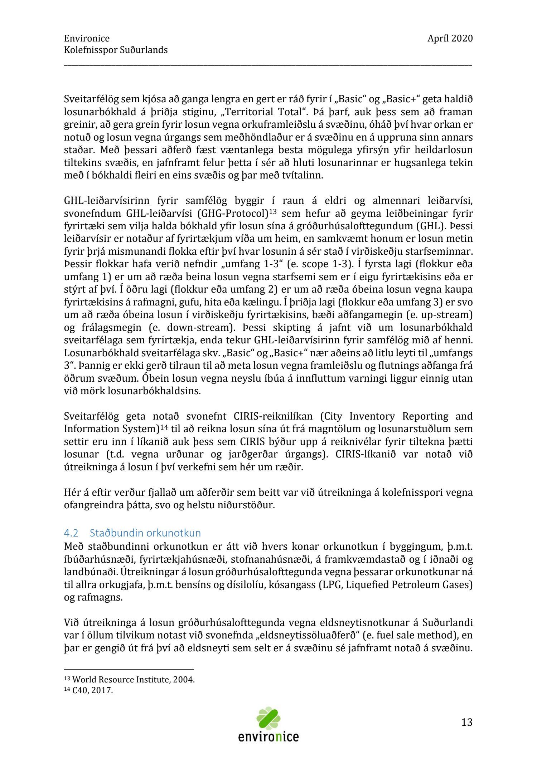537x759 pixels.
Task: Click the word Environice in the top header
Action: pyautogui.click(x=87, y=38)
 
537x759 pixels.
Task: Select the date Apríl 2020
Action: pyautogui.click(x=450, y=38)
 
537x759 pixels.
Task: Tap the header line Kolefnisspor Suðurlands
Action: pyautogui.click(x=116, y=50)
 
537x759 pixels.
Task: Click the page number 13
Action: pyautogui.click(x=466, y=722)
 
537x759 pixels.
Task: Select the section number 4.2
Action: pyautogui.click(x=71, y=533)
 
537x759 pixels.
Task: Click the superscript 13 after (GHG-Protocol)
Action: pyautogui.click(x=273, y=212)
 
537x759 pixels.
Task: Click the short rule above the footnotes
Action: pyautogui.click(x=129, y=669)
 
